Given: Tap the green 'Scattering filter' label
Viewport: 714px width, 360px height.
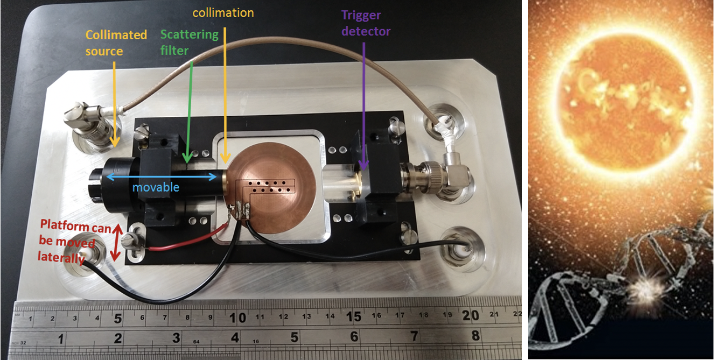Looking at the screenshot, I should point(190,42).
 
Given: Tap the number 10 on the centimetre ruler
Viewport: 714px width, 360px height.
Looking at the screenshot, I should point(237,317).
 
